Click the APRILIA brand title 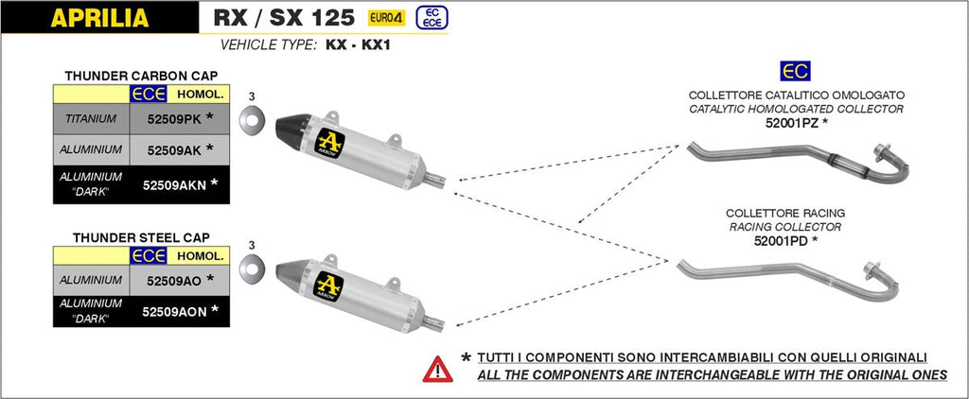[98, 17]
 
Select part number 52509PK [173, 119]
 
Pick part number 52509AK [173, 150]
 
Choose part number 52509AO [173, 280]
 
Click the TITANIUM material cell [91, 119]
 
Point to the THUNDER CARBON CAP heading [141, 75]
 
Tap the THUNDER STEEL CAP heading [141, 236]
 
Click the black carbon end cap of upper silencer [294, 127]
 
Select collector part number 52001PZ [793, 123]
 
